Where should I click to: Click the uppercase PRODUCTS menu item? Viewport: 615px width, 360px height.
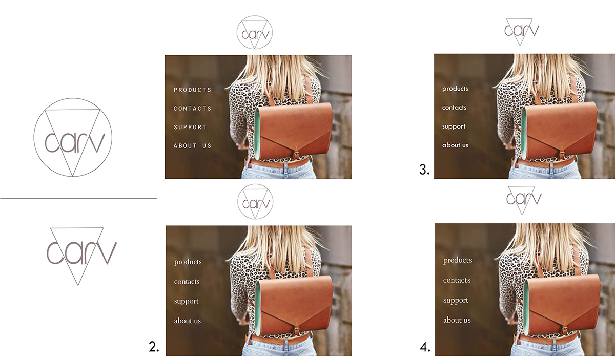193,90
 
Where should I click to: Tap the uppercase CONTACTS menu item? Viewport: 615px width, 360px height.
193,109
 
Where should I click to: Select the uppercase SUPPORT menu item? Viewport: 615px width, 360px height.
190,127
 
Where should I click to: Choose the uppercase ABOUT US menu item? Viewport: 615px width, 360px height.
193,146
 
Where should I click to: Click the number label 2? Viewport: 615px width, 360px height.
154,347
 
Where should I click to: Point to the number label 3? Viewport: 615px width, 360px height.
424,170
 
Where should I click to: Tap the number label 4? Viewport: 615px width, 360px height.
425,347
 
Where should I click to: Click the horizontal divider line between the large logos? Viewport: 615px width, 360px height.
78,198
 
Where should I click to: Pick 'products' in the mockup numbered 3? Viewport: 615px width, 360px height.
455,89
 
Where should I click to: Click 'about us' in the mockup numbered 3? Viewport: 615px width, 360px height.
455,145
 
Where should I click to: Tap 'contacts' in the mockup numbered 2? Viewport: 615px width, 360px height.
187,282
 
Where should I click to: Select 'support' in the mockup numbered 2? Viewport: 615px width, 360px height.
186,301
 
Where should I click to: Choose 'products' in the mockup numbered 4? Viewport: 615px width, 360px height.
458,260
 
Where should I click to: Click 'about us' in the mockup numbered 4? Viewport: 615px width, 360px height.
457,320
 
